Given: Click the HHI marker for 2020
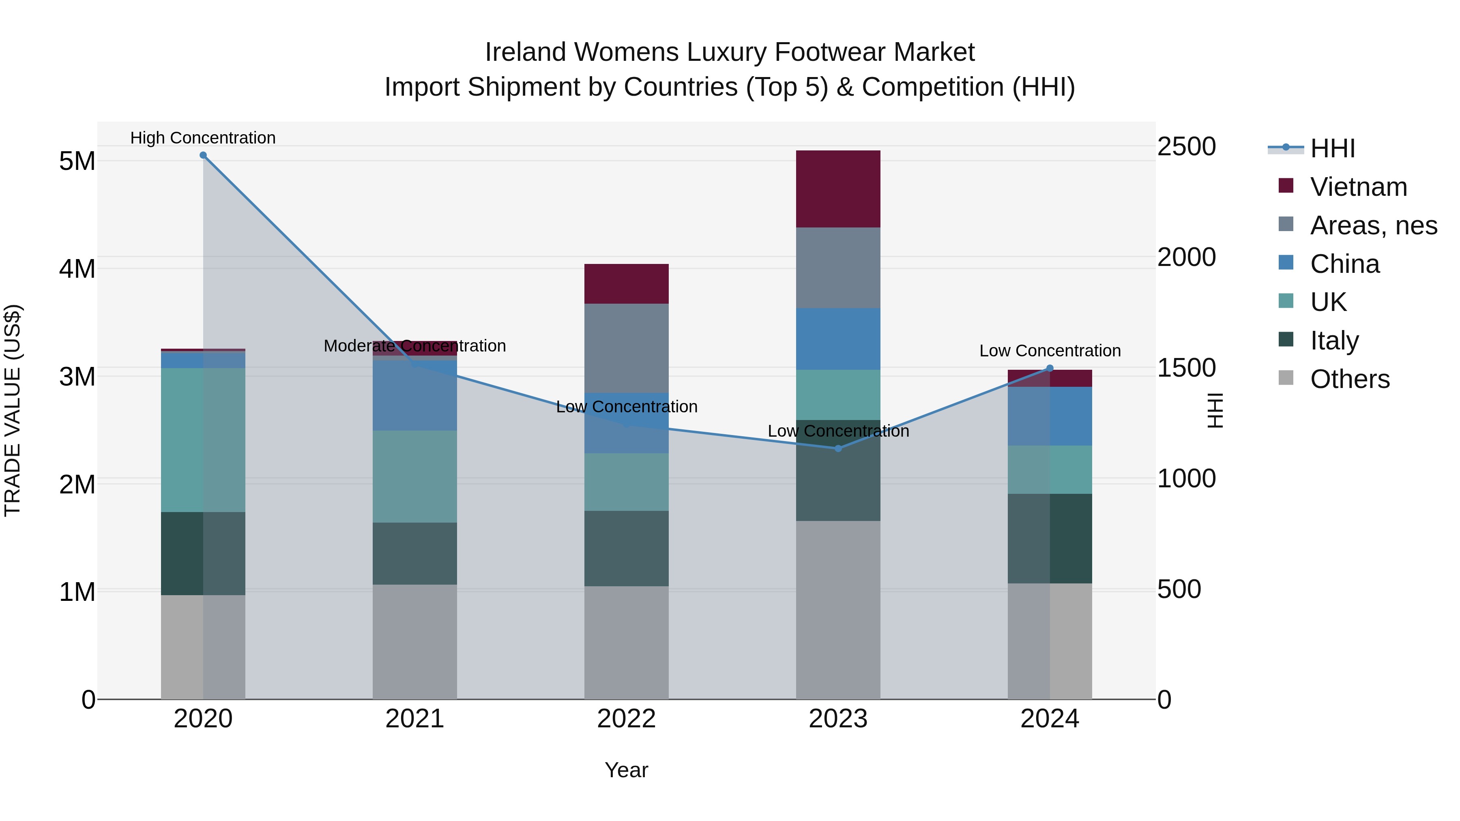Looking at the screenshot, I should tap(203, 155).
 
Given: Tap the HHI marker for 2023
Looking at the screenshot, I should tap(838, 448).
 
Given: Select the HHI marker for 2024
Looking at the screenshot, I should tap(1050, 368).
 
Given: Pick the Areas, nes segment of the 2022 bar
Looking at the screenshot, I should tap(626, 348).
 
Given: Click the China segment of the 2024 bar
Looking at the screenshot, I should tap(1050, 416).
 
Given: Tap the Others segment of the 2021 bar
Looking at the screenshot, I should tap(414, 641).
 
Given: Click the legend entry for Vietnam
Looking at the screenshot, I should tap(1358, 187).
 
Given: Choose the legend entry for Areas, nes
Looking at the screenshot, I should tap(1373, 225).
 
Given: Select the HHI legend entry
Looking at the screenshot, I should tap(1332, 148).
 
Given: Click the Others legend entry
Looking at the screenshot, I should tap(1349, 379).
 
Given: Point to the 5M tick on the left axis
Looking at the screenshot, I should tap(77, 161).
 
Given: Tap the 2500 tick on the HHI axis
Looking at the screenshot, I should tap(1186, 146).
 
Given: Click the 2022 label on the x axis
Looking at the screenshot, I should tap(626, 719).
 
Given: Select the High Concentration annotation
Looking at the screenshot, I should tap(203, 138).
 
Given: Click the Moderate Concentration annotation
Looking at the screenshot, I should tap(414, 345).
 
